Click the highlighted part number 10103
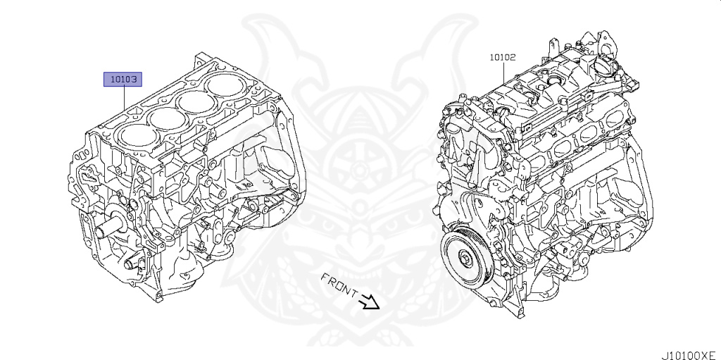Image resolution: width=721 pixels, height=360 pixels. [123, 80]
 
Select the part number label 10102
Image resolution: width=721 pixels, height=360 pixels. [502, 57]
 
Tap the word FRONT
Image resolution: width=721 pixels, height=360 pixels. [339, 285]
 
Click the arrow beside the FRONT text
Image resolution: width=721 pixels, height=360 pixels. [370, 302]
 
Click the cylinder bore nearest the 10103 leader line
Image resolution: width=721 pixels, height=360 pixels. [134, 136]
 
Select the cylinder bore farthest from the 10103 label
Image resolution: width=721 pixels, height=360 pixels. [223, 86]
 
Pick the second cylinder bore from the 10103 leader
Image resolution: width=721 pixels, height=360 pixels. [166, 118]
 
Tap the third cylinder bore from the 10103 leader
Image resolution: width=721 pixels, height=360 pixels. [197, 101]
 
